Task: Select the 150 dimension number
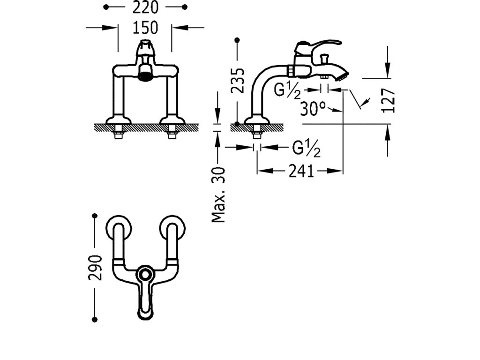pyautogui.click(x=145, y=28)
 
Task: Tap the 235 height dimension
pyautogui.click(x=239, y=81)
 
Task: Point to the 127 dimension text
pyautogui.click(x=389, y=100)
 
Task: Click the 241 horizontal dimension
pyautogui.click(x=300, y=172)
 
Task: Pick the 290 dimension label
pyautogui.click(x=95, y=268)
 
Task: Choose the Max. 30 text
pyautogui.click(x=218, y=195)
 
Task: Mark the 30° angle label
pyautogui.click(x=313, y=109)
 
